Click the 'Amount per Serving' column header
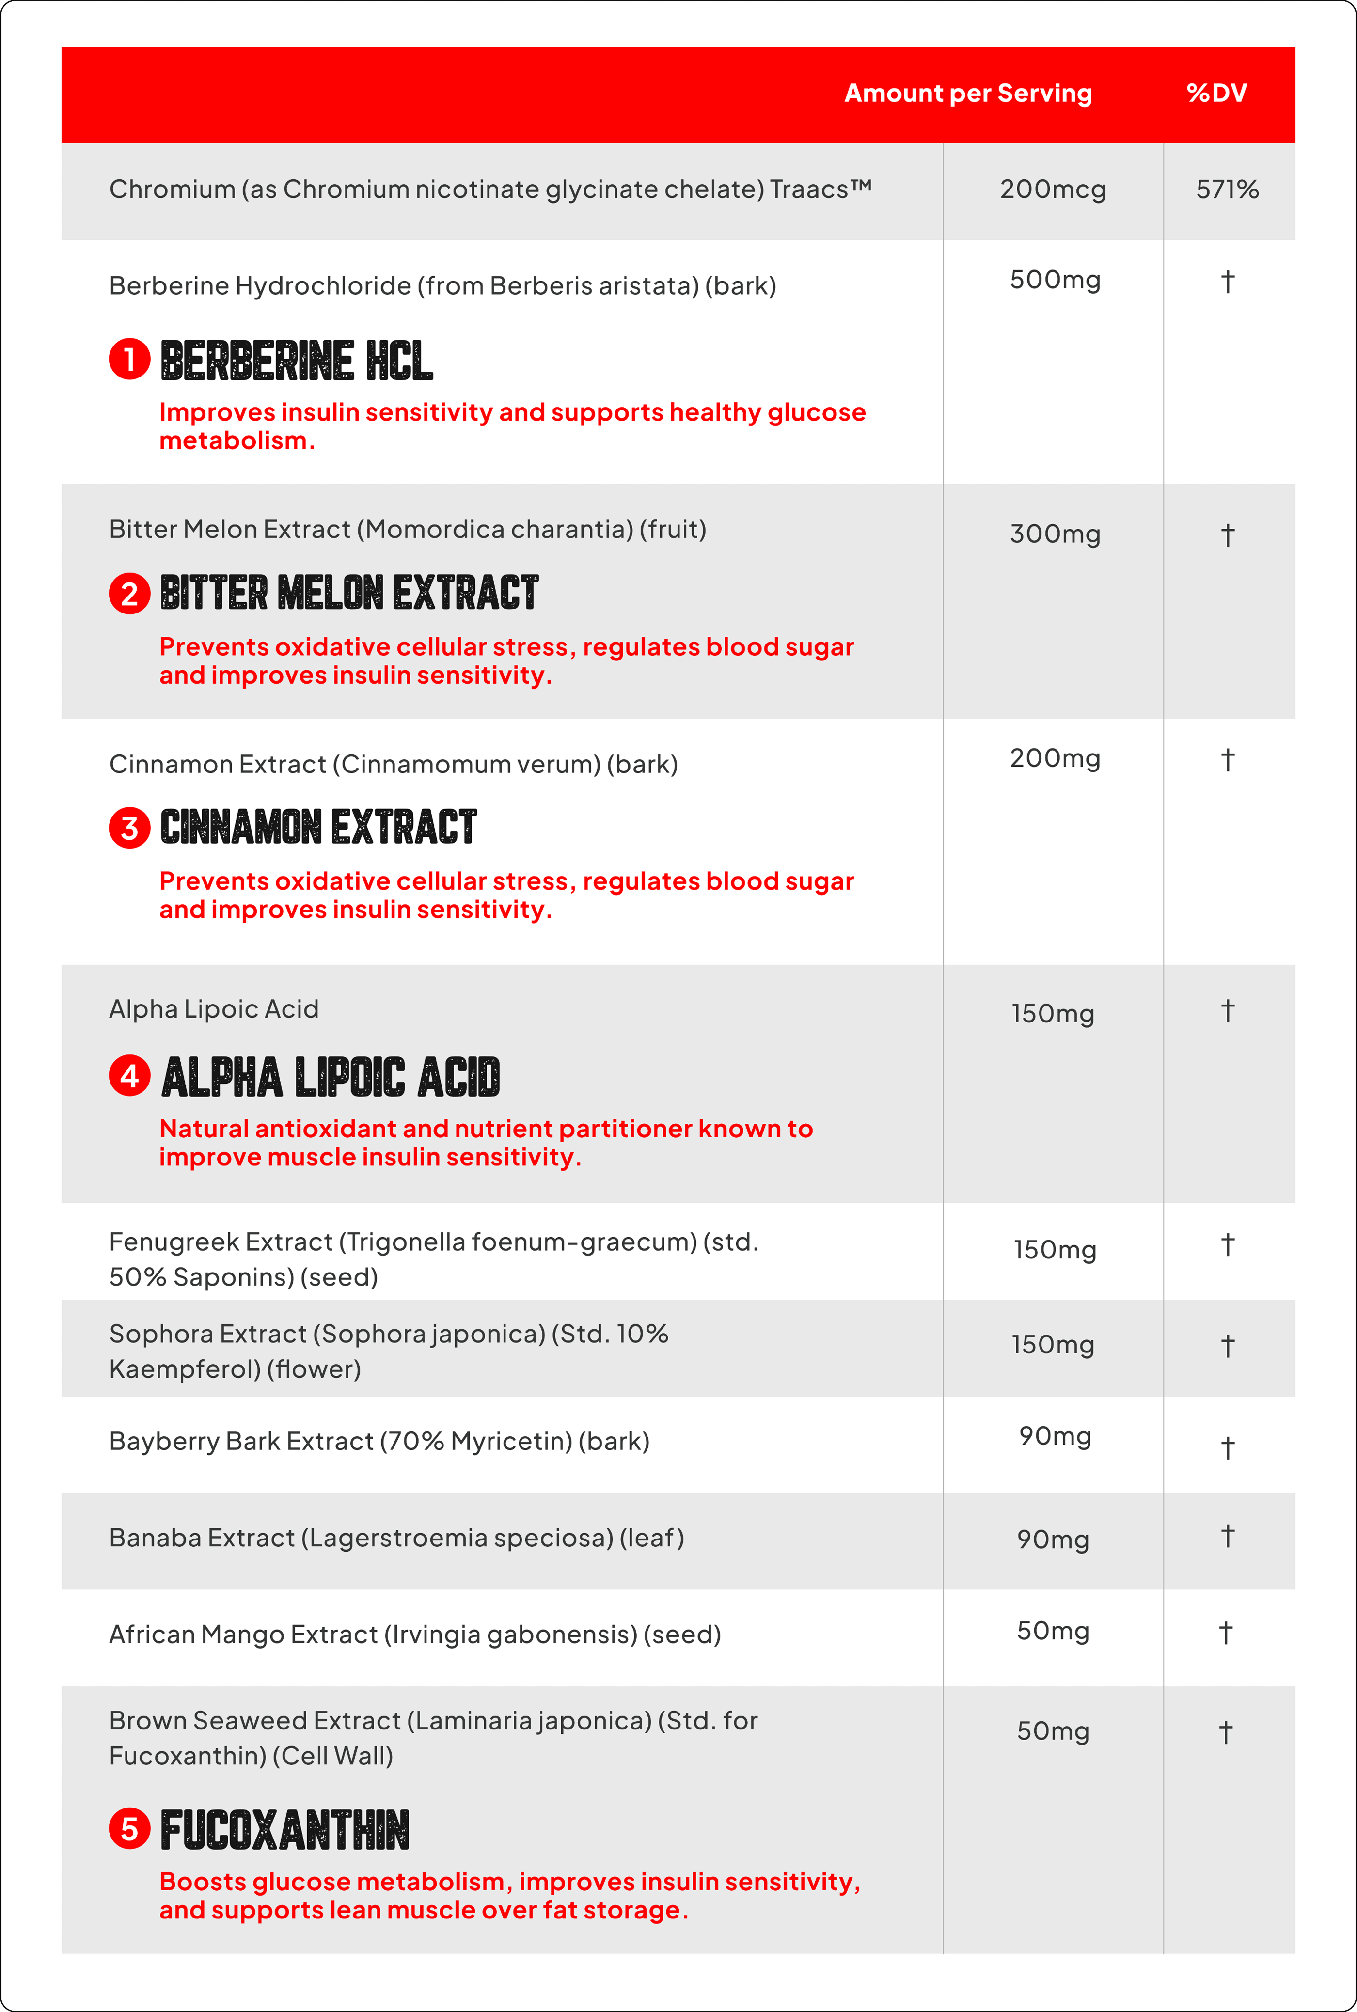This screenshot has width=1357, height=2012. pos(967,94)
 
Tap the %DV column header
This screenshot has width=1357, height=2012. pos(1216,94)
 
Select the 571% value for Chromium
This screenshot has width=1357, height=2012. pos(1226,189)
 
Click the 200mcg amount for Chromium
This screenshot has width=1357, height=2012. pos(1052,189)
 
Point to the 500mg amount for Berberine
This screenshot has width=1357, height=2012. pos(1054,281)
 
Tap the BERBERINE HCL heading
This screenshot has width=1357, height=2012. pos(296,361)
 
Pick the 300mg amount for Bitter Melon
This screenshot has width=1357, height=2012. pos(1054,534)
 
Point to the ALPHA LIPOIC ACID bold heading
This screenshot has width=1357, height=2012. pos(331,1077)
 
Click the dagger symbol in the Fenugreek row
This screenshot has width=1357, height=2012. pos(1226,1245)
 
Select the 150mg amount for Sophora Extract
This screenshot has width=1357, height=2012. pos(1052,1345)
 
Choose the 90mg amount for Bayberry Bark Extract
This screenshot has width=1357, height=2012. pos(1054,1436)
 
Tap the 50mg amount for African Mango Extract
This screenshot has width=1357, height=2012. pos(1052,1631)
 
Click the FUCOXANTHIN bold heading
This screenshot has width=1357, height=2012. pos(285,1830)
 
